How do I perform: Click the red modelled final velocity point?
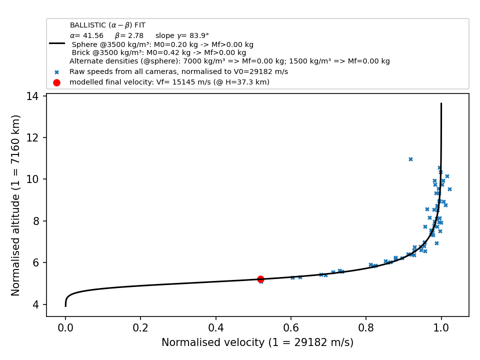[x=260, y=279]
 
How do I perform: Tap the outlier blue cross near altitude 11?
[x=411, y=159]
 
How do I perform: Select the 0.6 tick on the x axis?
[x=291, y=318]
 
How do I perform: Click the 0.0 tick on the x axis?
[x=65, y=318]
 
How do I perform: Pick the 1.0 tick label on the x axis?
[x=441, y=328]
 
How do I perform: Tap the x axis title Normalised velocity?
[x=257, y=342]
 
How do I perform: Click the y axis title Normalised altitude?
[x=15, y=205]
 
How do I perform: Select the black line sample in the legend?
[x=57, y=43]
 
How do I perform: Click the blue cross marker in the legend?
[x=56, y=72]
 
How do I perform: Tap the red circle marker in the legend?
[x=56, y=82]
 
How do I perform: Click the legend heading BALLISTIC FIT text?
[x=108, y=25]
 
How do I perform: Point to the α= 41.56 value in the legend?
[x=86, y=35]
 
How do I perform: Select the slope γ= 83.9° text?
[x=182, y=35]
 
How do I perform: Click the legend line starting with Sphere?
[x=162, y=44]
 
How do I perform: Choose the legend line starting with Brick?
[x=159, y=52]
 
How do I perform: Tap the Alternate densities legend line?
[x=229, y=61]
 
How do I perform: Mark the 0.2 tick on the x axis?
[x=140, y=318]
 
